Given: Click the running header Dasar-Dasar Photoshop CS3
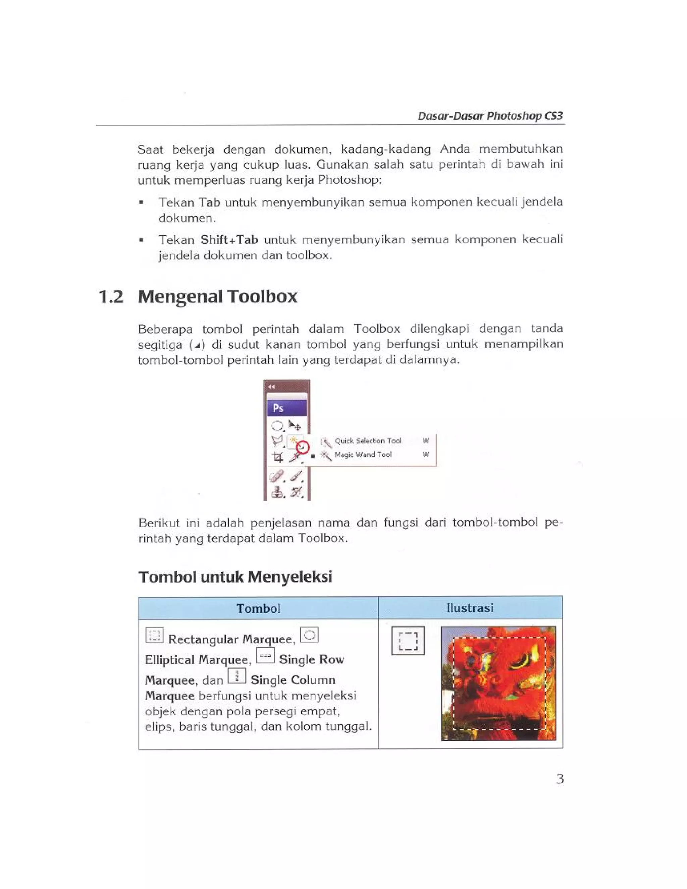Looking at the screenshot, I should click(490, 116).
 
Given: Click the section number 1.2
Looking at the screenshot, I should click(111, 297).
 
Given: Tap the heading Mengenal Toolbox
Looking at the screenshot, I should click(217, 296).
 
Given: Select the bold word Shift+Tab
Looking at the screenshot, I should click(229, 239).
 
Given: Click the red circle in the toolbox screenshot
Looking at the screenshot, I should click(303, 447).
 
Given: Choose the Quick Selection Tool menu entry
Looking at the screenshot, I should click(368, 441).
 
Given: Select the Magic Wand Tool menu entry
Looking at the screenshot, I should click(363, 454).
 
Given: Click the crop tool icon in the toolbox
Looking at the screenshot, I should click(278, 457).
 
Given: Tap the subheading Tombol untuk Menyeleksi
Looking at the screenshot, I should click(235, 577).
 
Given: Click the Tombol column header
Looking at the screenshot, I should click(258, 608).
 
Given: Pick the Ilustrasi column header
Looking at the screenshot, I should click(470, 608).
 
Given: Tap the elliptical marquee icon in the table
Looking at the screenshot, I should click(309, 635).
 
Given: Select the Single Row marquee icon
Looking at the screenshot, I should click(265, 655).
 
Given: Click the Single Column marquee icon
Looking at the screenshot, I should click(236, 676).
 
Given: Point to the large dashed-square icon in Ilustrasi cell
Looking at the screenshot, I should click(408, 641).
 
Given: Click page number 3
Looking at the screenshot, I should click(560, 779).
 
